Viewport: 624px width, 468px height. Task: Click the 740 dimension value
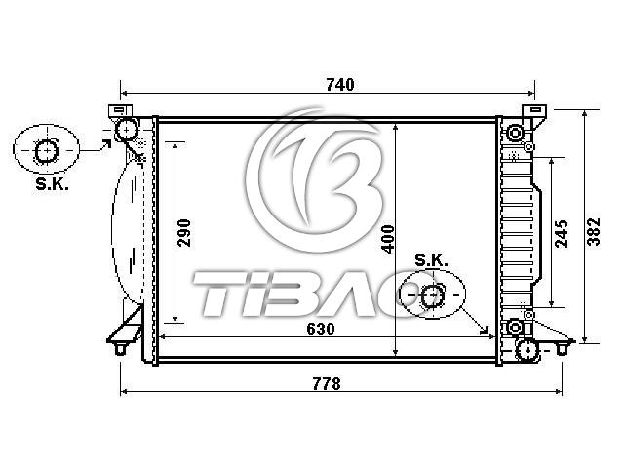pos(340,85)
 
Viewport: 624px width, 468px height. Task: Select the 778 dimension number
pos(327,384)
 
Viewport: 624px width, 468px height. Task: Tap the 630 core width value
pos(321,330)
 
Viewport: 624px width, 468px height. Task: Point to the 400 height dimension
pos(388,239)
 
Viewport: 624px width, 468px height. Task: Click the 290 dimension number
pos(184,233)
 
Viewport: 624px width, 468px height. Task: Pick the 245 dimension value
pos(562,234)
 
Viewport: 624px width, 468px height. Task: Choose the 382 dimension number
pos(594,232)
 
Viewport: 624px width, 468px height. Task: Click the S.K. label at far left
pos(52,184)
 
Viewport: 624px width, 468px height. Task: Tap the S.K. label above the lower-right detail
pos(431,260)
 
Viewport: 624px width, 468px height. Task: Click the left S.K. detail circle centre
pos(47,150)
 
